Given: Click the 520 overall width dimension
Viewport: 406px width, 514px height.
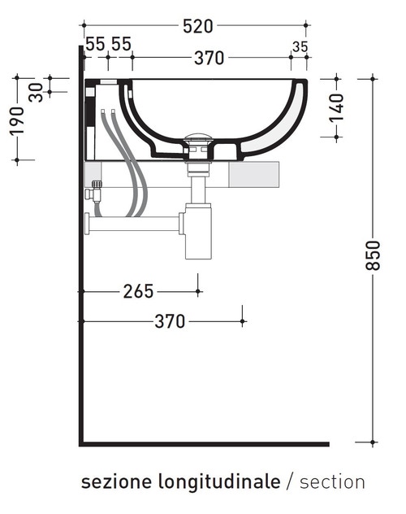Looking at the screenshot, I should (x=197, y=27).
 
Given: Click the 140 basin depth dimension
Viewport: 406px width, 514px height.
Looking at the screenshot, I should (x=337, y=107).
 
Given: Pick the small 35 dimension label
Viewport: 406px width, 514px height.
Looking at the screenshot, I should (x=300, y=47).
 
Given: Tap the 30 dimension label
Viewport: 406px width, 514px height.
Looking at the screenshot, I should (x=35, y=93).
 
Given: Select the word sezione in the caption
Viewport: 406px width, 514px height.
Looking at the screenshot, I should (x=107, y=481).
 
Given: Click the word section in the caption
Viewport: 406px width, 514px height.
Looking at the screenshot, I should (x=332, y=481).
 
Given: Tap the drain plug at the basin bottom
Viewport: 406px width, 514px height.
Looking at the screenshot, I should (x=197, y=139).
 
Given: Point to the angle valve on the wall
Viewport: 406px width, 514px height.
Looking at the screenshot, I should (x=96, y=194).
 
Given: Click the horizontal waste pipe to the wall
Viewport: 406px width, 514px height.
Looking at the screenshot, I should (x=134, y=220).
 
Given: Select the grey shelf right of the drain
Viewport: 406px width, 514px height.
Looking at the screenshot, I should (x=253, y=175).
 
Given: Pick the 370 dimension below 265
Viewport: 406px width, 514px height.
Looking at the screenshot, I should (x=170, y=321).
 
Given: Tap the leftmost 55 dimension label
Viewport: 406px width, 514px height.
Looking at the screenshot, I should (x=95, y=44).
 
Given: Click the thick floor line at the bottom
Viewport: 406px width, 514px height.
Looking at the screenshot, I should (x=203, y=444).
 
